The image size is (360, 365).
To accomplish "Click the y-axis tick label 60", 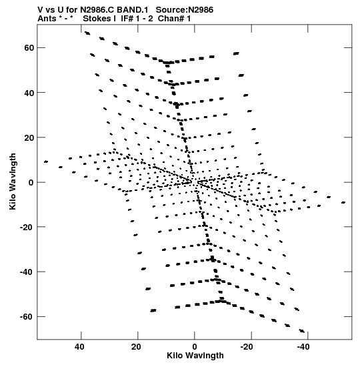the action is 29,48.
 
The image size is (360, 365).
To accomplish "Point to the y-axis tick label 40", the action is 29,93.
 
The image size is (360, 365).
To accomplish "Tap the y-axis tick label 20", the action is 29,137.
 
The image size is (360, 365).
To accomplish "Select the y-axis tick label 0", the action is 31,183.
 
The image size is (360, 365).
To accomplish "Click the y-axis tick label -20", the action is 27,227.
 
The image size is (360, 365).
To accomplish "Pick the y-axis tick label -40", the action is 27,272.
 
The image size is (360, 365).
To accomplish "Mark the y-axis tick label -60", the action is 27,316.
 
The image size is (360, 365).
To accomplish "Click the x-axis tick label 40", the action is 79,347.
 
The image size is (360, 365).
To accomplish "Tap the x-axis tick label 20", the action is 136,347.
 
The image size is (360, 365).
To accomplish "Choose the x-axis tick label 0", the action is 195,347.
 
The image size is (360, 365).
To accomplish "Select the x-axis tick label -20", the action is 247,347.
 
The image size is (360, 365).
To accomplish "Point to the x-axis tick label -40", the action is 303,347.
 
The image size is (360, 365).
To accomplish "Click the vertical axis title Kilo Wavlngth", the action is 13,181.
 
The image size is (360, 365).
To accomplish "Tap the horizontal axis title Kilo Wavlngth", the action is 195,356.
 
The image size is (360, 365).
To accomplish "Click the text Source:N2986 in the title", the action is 185,10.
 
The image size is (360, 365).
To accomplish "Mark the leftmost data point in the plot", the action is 46,161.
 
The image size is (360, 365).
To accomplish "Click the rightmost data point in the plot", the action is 343,203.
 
